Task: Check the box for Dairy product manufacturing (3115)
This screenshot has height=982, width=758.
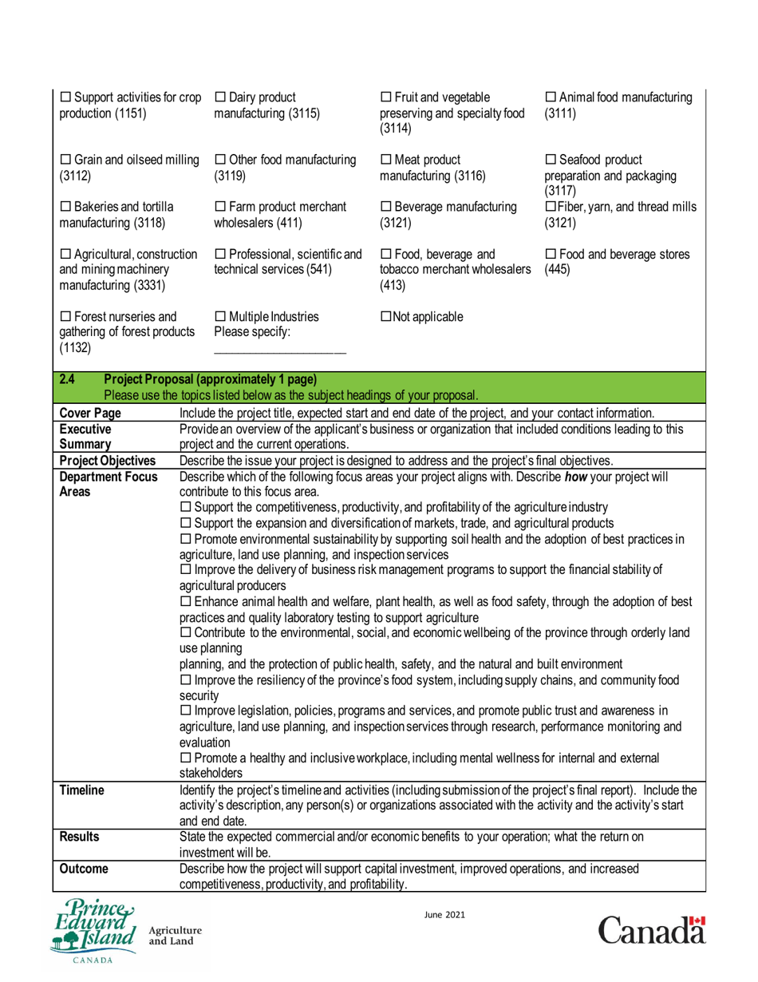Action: [x=221, y=97]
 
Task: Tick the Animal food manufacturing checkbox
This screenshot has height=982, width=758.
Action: [x=551, y=97]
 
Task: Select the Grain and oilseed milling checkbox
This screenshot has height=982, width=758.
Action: [x=66, y=160]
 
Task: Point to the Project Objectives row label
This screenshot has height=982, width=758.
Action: [x=108, y=461]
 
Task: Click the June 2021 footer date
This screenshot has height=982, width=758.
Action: [x=445, y=915]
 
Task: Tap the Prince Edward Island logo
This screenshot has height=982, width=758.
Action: [x=93, y=930]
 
